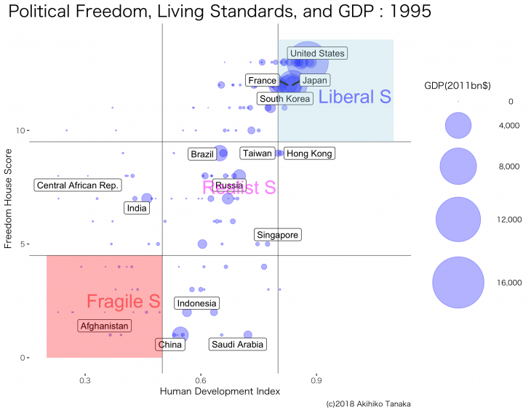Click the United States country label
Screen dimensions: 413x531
pyautogui.click(x=317, y=53)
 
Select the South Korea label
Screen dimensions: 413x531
pyautogui.click(x=285, y=99)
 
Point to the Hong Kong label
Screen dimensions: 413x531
pyautogui.click(x=309, y=153)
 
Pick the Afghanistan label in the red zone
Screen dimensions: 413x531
pyautogui.click(x=104, y=326)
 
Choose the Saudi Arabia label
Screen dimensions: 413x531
pyautogui.click(x=237, y=344)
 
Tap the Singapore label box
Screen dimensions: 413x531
pyautogui.click(x=277, y=235)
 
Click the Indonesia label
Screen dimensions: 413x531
pyautogui.click(x=196, y=303)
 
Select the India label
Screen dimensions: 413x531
pyautogui.click(x=137, y=209)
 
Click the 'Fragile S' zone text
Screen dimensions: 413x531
pyautogui.click(x=123, y=301)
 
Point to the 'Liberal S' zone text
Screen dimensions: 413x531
pyautogui.click(x=355, y=97)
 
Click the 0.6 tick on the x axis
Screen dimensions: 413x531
pyautogui.click(x=201, y=379)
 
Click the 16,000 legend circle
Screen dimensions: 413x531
pyautogui.click(x=458, y=283)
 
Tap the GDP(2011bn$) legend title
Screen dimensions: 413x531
pyautogui.click(x=458, y=86)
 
